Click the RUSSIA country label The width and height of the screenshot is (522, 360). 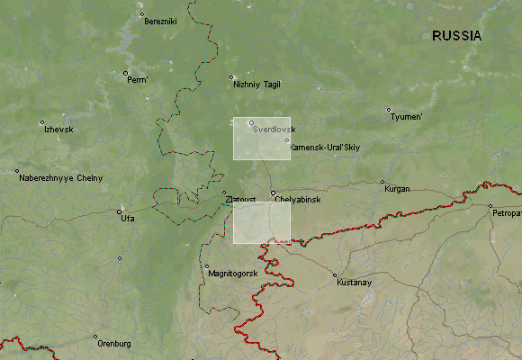pyautogui.click(x=456, y=36)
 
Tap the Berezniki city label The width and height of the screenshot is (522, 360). pyautogui.click(x=161, y=22)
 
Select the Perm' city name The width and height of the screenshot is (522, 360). pyautogui.click(x=137, y=80)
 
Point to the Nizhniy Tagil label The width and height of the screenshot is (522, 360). pyautogui.click(x=257, y=85)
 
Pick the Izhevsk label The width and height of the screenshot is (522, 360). pyautogui.click(x=58, y=130)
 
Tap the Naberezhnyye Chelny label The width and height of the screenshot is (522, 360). pyautogui.click(x=60, y=178)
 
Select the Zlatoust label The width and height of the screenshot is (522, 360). pyautogui.click(x=240, y=199)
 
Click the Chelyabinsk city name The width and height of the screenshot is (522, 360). pyautogui.click(x=298, y=199)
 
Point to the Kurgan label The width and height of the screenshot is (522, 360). pyautogui.click(x=397, y=189)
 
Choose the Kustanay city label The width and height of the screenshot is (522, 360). pyautogui.click(x=354, y=283)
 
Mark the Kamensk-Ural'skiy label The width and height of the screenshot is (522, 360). pyautogui.click(x=326, y=148)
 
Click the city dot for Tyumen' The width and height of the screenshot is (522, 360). pyautogui.click(x=390, y=111)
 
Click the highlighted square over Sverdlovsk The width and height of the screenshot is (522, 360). pyautogui.click(x=262, y=139)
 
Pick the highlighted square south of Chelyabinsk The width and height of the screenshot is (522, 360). pyautogui.click(x=262, y=222)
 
